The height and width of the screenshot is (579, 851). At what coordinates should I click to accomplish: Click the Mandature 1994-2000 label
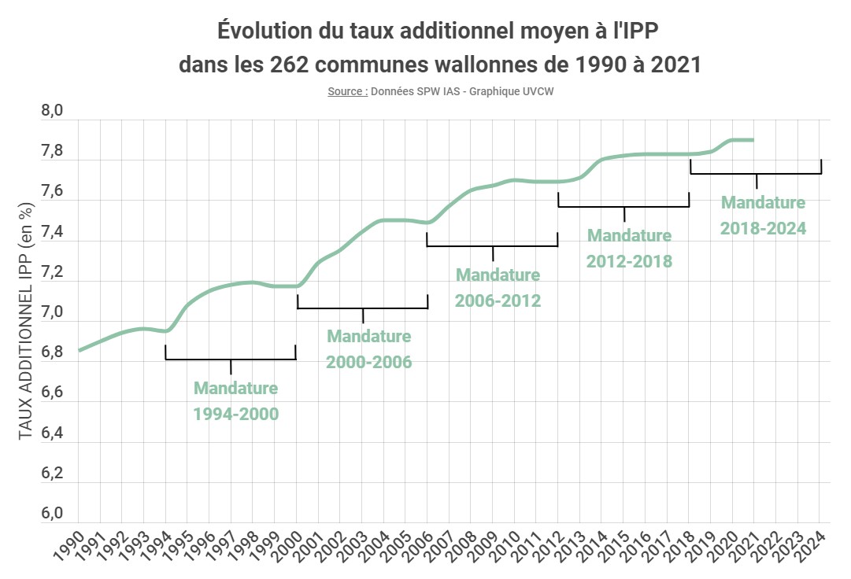pyautogui.click(x=236, y=400)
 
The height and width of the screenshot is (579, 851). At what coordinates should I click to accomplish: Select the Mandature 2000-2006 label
pyautogui.click(x=369, y=349)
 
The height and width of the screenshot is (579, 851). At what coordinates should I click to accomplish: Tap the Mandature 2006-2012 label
pyautogui.click(x=498, y=287)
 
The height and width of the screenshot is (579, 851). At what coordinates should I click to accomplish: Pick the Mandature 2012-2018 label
pyautogui.click(x=629, y=248)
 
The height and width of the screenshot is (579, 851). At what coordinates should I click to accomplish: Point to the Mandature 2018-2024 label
pyautogui.click(x=763, y=216)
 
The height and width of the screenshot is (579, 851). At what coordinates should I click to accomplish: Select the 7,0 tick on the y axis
pyautogui.click(x=51, y=313)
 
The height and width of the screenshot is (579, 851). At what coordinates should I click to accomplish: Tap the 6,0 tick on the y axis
pyautogui.click(x=51, y=514)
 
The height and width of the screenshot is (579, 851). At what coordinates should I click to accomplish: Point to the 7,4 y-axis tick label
pyautogui.click(x=51, y=233)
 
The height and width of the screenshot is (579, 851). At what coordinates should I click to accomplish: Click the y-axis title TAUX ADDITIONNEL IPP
pyautogui.click(x=25, y=319)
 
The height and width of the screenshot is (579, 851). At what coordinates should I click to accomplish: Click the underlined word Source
pyautogui.click(x=346, y=91)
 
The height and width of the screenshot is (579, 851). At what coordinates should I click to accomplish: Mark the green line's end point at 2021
pyautogui.click(x=753, y=140)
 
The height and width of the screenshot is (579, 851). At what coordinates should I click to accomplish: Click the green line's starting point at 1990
pyautogui.click(x=80, y=350)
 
